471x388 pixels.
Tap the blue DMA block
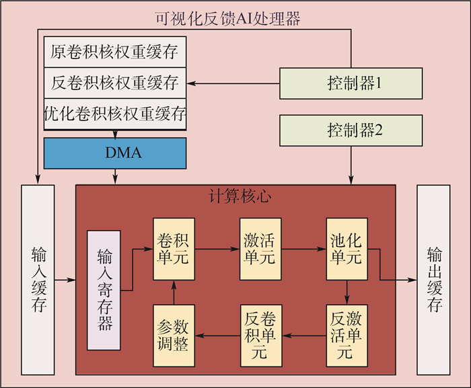pyautogui.click(x=115, y=153)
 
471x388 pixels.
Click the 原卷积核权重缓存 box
pyautogui.click(x=115, y=52)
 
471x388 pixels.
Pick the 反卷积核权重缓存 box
pyautogui.click(x=115, y=83)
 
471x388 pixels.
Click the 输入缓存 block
pyautogui.click(x=38, y=279)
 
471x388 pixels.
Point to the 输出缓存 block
pyautogui.click(x=433, y=279)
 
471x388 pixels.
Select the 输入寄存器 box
pyautogui.click(x=104, y=290)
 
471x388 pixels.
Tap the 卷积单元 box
pyautogui.click(x=174, y=249)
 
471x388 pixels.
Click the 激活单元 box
pyautogui.click(x=260, y=249)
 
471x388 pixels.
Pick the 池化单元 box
pyautogui.click(x=346, y=249)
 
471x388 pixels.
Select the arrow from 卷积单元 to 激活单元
pyautogui.click(x=217, y=249)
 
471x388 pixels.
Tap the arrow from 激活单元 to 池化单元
pyautogui.click(x=303, y=249)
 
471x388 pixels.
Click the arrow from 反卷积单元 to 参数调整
pyautogui.click(x=217, y=334)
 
